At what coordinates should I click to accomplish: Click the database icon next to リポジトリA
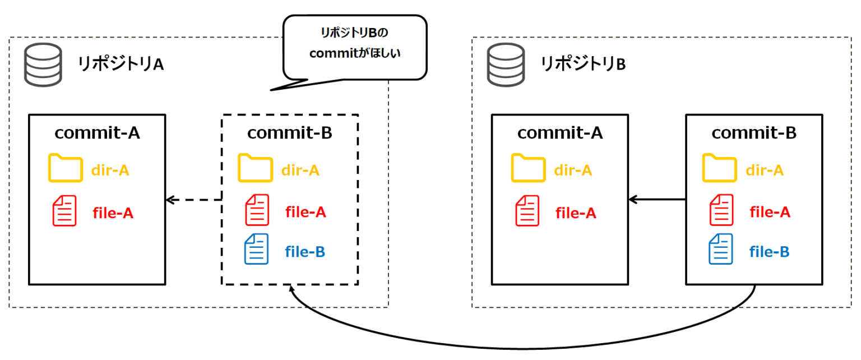(x=42, y=64)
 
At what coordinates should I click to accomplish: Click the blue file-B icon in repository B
(x=721, y=250)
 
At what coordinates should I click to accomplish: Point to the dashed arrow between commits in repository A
(x=193, y=199)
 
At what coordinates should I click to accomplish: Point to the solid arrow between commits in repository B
(x=657, y=199)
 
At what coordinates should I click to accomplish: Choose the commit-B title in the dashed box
(x=289, y=133)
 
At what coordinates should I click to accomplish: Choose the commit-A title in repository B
(x=559, y=133)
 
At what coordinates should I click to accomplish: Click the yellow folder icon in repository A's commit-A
(x=64, y=169)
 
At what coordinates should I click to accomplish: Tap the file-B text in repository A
(x=305, y=252)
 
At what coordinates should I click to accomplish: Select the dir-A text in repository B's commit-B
(x=765, y=170)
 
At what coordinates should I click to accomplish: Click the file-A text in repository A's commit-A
(x=113, y=213)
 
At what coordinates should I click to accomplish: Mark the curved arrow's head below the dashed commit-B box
(x=291, y=289)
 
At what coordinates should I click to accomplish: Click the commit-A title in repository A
(x=97, y=133)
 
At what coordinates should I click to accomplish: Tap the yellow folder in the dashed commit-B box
(x=254, y=169)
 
